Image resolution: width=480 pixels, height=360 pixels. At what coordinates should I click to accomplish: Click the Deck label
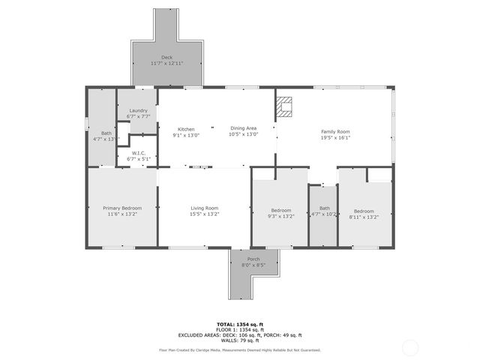pyautogui.click(x=166, y=57)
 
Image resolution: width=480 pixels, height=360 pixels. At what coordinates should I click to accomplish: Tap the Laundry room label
pyautogui.click(x=138, y=110)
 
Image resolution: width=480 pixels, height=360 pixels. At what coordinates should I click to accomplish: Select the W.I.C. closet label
pyautogui.click(x=138, y=152)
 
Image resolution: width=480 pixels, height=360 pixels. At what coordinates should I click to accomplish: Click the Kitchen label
pyautogui.click(x=186, y=129)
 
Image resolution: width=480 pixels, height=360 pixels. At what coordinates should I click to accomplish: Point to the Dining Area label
pyautogui.click(x=244, y=129)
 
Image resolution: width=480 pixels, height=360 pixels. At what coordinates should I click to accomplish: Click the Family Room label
pyautogui.click(x=335, y=131)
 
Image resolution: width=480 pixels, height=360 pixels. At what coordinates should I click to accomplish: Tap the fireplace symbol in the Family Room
pyautogui.click(x=284, y=108)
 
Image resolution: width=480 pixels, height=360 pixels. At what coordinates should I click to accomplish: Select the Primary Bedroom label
pyautogui.click(x=121, y=208)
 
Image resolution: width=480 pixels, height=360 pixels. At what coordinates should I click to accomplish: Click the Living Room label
pyautogui.click(x=204, y=208)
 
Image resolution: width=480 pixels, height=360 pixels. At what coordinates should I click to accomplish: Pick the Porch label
pyautogui.click(x=253, y=259)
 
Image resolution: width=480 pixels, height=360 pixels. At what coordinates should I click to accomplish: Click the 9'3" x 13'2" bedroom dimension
pyautogui.click(x=282, y=215)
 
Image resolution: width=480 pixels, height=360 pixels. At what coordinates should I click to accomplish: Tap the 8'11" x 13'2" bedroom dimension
pyautogui.click(x=365, y=215)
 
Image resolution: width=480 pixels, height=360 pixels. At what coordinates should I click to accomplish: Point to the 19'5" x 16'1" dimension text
pyautogui.click(x=335, y=137)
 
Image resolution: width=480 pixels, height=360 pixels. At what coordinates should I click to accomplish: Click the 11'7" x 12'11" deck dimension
pyautogui.click(x=166, y=63)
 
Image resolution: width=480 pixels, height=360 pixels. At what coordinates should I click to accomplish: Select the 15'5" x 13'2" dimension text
pyautogui.click(x=204, y=214)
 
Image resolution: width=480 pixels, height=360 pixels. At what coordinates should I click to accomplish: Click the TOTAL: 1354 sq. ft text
pyautogui.click(x=239, y=324)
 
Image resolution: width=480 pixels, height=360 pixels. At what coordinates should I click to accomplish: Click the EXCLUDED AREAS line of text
pyautogui.click(x=239, y=334)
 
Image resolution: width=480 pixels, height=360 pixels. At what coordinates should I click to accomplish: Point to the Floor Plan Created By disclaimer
pyautogui.click(x=239, y=349)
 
